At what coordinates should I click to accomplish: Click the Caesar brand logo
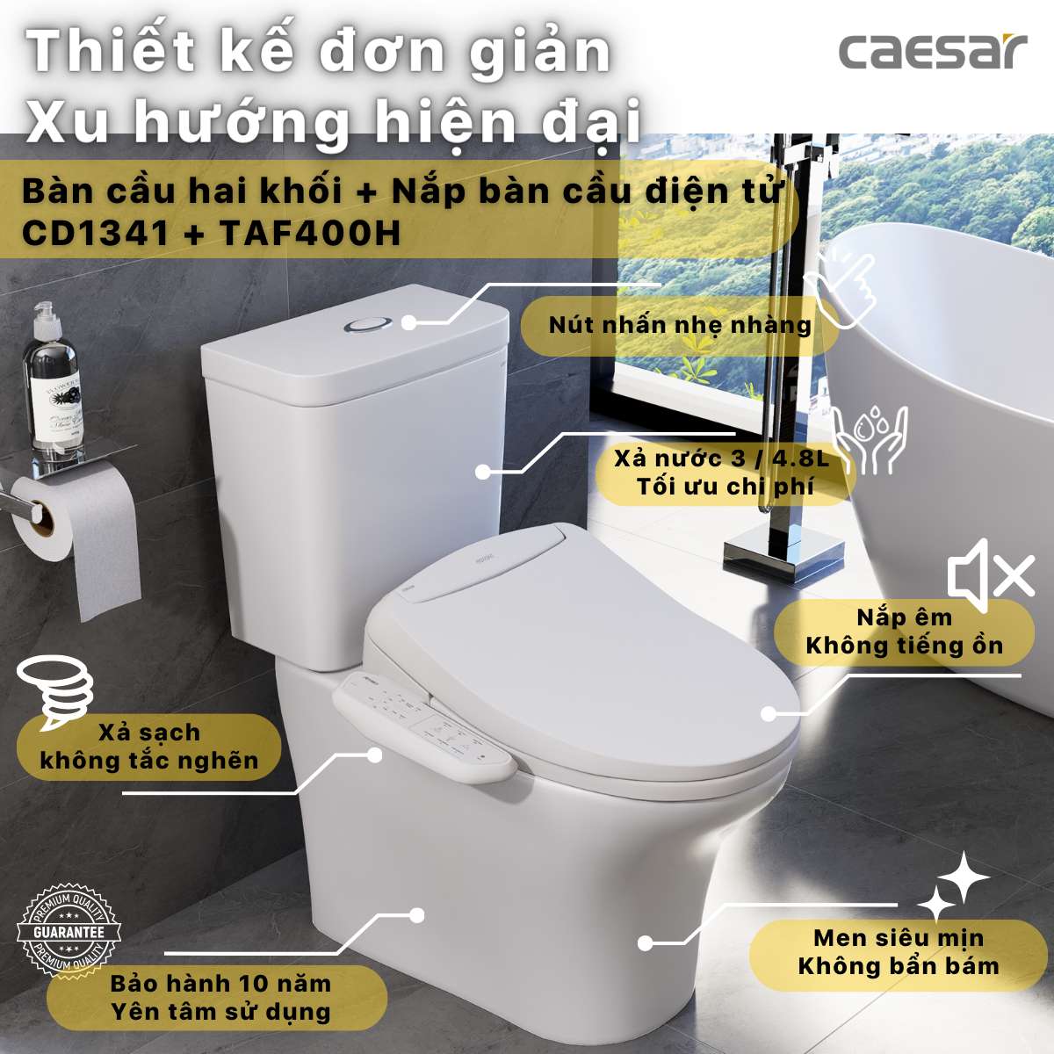(932, 52)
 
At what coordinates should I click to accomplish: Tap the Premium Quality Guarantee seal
(69, 931)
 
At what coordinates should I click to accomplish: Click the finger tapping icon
(844, 286)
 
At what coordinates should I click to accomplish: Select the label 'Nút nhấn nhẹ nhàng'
(679, 325)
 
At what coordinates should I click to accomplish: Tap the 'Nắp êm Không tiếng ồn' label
(904, 632)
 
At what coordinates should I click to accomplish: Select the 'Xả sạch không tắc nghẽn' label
(149, 747)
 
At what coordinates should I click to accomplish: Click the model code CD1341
(95, 234)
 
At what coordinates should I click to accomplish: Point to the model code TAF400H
(309, 234)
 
